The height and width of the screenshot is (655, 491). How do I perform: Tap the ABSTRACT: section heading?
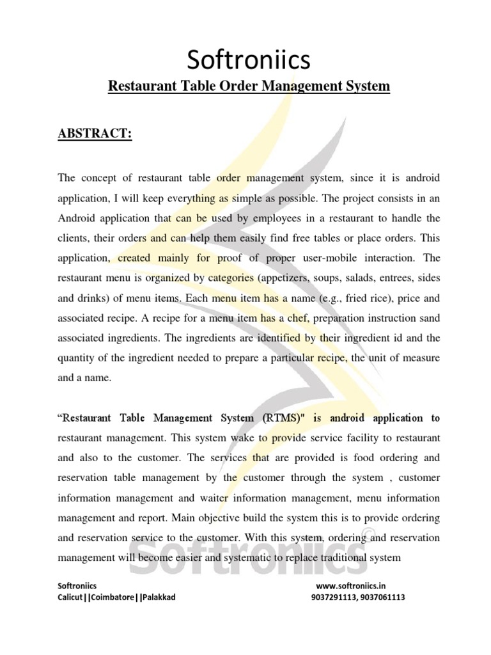[95, 134]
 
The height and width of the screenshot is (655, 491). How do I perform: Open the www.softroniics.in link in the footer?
[351, 585]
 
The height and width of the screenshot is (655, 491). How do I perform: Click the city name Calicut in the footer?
[70, 597]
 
